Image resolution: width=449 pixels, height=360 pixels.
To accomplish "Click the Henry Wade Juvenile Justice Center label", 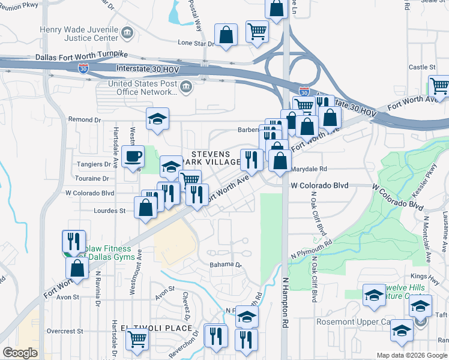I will [78, 34].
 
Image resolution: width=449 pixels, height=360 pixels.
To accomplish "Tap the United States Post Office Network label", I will [142, 88].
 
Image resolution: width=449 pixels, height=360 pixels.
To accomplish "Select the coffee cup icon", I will [133, 157].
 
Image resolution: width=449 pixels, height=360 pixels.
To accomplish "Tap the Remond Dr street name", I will [83, 119].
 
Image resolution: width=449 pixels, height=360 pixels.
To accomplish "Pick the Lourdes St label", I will [109, 211].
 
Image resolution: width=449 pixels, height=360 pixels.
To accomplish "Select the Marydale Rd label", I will [309, 169].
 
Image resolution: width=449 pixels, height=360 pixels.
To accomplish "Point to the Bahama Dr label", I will [225, 264].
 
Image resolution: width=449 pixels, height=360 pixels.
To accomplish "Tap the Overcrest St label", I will [65, 331].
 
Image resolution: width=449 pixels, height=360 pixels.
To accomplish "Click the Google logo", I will [20, 353].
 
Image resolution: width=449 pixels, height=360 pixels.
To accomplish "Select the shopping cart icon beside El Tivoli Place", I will [137, 338].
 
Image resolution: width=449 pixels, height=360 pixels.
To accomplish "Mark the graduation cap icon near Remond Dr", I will [157, 119].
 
